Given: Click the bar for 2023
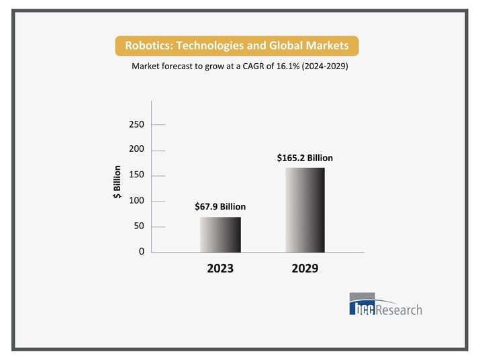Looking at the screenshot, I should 220,234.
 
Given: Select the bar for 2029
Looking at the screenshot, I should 305,210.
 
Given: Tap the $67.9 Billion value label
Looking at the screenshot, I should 220,207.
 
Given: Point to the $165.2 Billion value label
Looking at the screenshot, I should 305,158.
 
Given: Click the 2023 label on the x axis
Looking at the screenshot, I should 220,269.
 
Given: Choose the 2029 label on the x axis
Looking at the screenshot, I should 305,269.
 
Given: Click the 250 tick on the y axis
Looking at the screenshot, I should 136,124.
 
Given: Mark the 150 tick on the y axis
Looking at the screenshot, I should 136,175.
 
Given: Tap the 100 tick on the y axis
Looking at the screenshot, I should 136,201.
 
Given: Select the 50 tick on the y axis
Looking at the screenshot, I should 139,226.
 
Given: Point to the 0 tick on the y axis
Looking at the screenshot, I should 141,252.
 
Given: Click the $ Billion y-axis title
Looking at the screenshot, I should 117,182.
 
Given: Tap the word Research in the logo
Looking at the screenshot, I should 399,310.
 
